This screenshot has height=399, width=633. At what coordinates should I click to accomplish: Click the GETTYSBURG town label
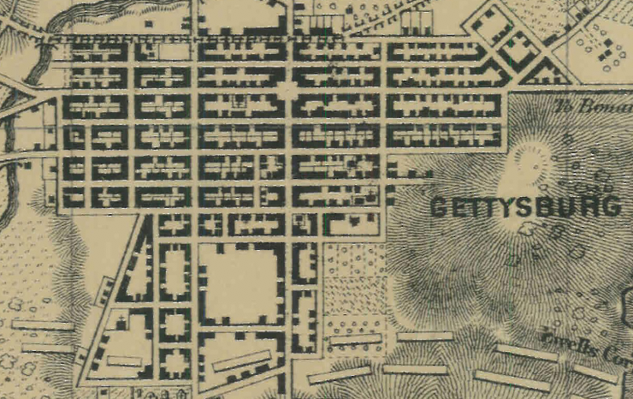pyautogui.click(x=524, y=207)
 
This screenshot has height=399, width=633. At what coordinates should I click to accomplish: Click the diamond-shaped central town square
pyautogui.click(x=287, y=89)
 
